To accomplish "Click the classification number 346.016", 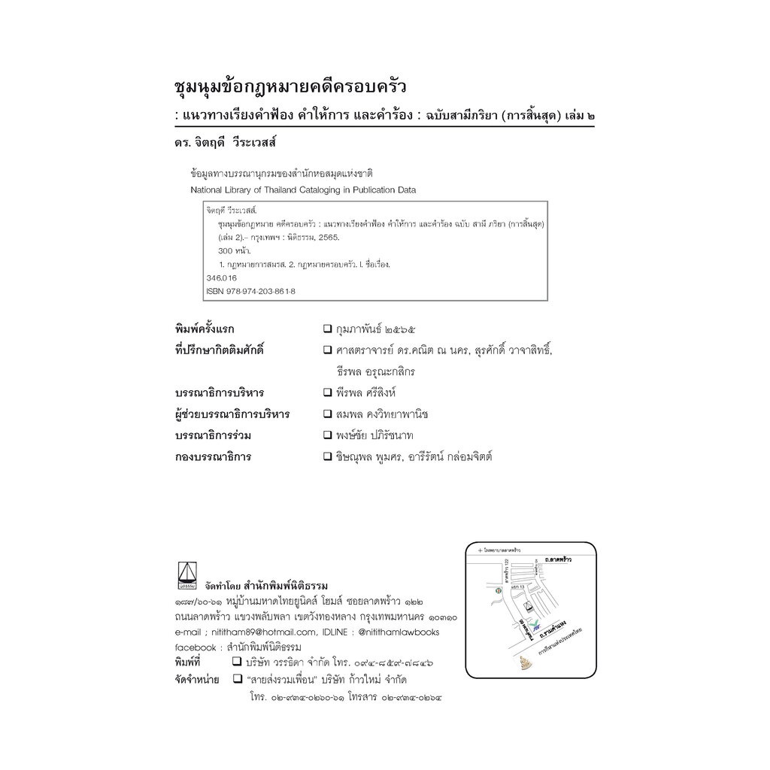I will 221,277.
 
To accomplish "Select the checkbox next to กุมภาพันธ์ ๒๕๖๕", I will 328,329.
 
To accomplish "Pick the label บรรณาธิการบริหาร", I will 219,393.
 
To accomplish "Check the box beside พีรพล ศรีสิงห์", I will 328,393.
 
